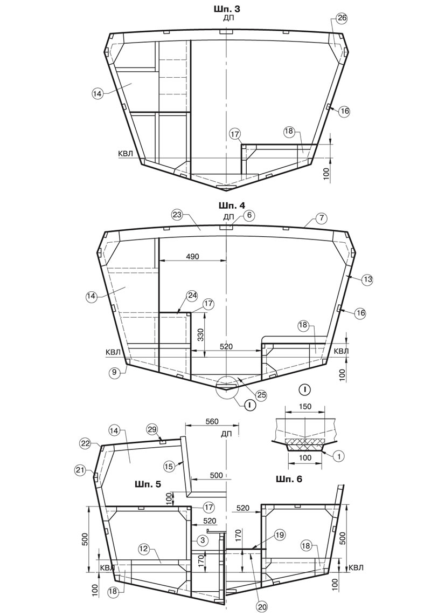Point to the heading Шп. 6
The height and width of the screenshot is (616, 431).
coord(289,480)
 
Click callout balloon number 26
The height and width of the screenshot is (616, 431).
coord(342,18)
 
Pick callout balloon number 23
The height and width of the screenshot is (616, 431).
coord(177,215)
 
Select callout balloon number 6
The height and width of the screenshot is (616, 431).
coord(249,215)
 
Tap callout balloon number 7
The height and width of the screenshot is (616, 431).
coord(321,217)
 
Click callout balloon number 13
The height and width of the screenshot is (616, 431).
coord(367,280)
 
